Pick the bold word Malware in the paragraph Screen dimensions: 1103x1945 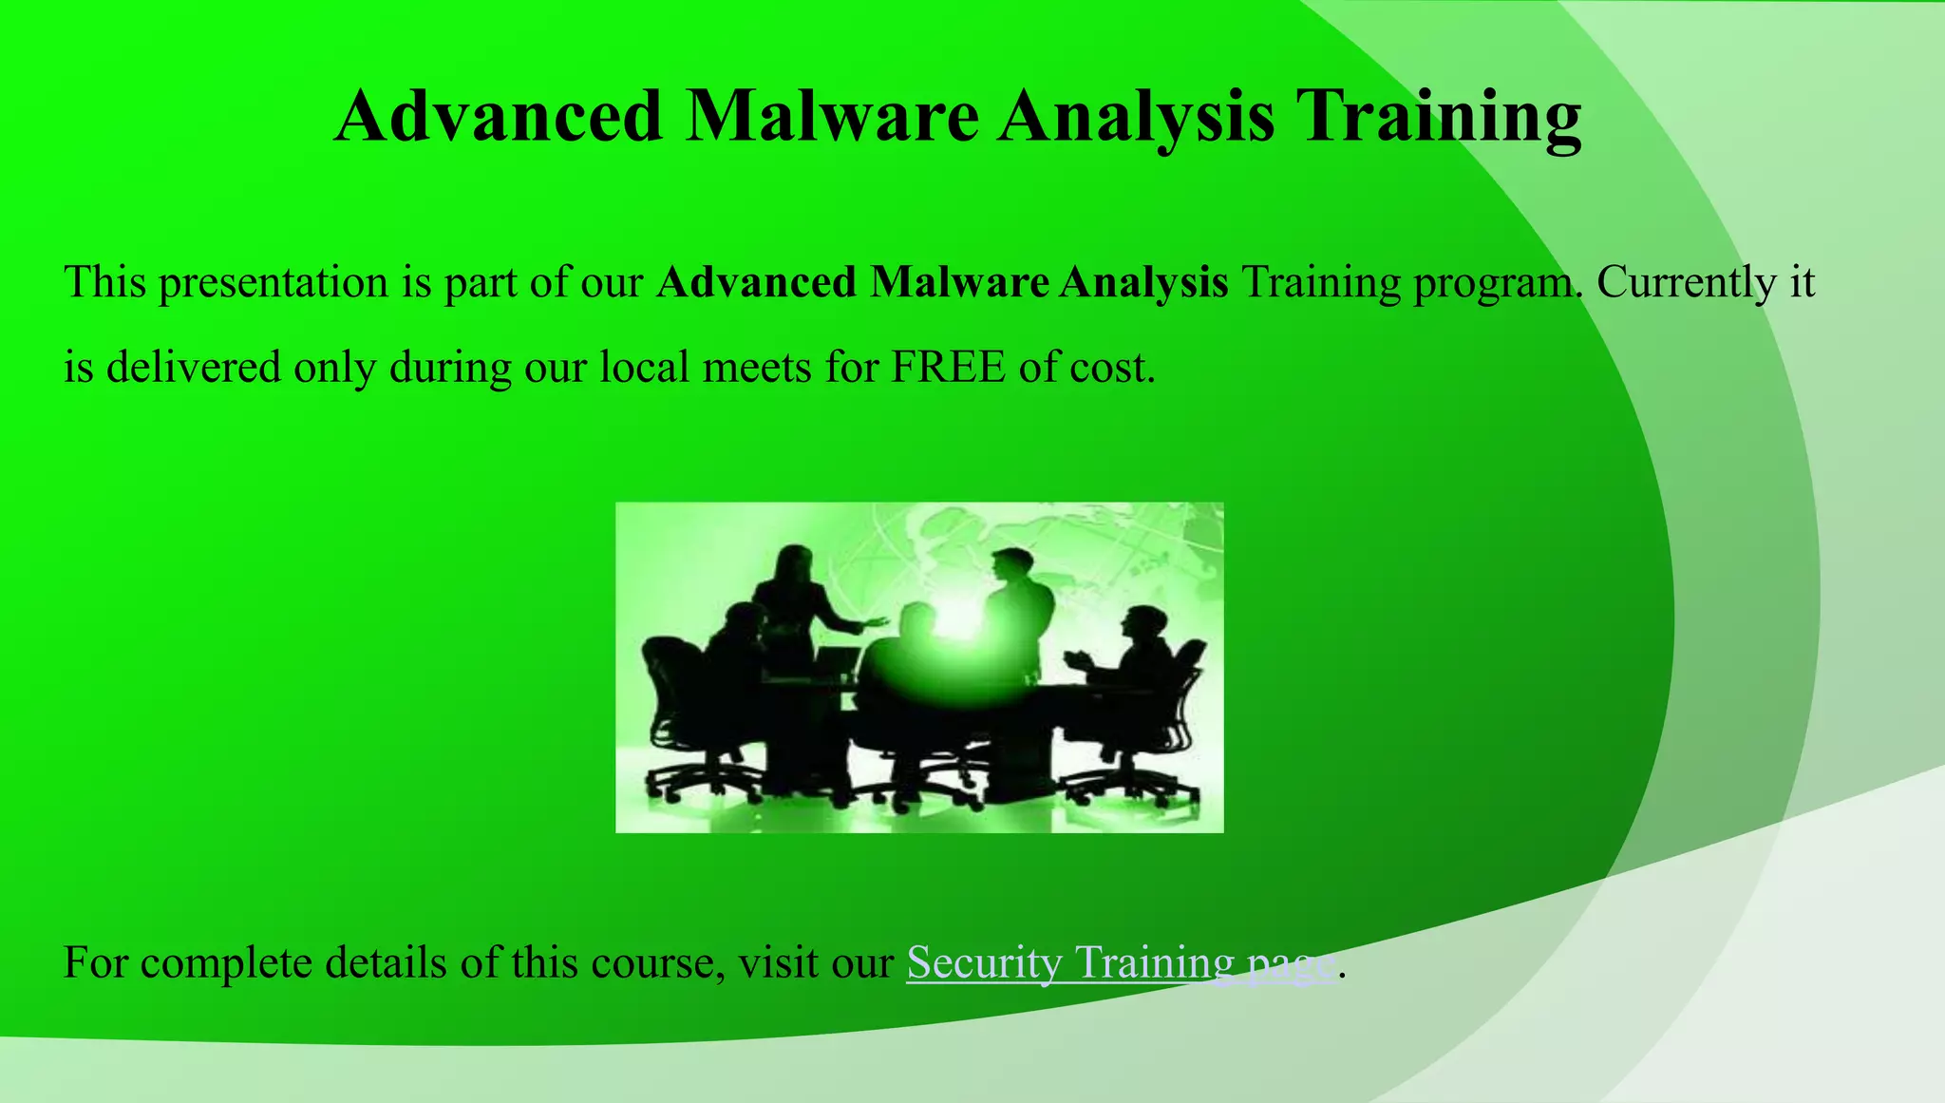pos(959,283)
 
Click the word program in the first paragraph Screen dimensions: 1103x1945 pos(1498,283)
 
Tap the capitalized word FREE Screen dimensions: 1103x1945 pos(948,368)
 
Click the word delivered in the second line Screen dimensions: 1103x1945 pos(194,368)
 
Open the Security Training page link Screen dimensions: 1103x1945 pos(1121,963)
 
